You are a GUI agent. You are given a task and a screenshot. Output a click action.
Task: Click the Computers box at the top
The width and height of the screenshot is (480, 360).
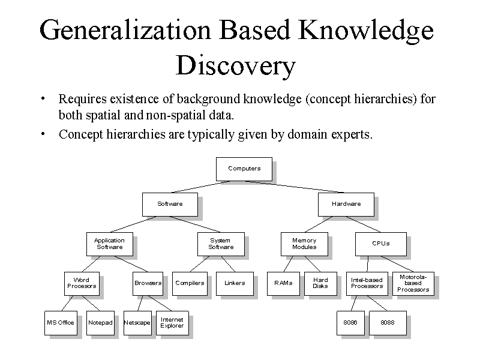click(x=244, y=169)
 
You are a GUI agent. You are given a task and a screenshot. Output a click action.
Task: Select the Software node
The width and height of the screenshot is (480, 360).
click(x=170, y=204)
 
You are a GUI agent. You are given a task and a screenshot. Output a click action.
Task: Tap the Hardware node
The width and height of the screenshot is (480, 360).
click(x=346, y=204)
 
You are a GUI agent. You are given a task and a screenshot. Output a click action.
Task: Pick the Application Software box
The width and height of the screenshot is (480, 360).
click(x=109, y=244)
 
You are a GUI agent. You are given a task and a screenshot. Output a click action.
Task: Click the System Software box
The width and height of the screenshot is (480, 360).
click(x=221, y=244)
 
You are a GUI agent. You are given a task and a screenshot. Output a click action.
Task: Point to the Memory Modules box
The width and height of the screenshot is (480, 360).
click(x=304, y=244)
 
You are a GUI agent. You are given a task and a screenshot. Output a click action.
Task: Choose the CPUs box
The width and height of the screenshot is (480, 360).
click(x=380, y=244)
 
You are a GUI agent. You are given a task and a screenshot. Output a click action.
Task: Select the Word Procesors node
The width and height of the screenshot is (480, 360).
click(x=82, y=283)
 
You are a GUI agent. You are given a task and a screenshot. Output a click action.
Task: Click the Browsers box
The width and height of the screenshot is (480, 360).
click(x=148, y=283)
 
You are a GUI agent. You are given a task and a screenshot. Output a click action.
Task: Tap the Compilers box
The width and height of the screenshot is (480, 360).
click(x=190, y=283)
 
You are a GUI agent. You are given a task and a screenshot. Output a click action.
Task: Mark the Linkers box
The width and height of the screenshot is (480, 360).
click(x=235, y=283)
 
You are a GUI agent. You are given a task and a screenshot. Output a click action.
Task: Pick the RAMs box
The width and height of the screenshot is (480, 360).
click(x=283, y=283)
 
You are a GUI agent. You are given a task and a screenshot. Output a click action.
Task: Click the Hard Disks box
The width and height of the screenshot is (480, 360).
click(x=320, y=283)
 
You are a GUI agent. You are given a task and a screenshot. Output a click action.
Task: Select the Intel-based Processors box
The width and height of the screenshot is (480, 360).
click(x=367, y=283)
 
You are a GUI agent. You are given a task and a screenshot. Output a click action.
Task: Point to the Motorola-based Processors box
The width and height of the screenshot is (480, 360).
click(x=413, y=283)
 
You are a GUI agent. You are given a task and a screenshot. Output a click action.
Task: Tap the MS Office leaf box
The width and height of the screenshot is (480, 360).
click(x=61, y=322)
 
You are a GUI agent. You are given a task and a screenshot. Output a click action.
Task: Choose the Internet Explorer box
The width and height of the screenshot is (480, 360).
click(x=172, y=322)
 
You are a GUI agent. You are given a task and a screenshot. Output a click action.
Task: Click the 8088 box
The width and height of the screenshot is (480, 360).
click(x=388, y=322)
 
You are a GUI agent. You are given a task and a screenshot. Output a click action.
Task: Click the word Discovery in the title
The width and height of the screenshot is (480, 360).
click(x=236, y=65)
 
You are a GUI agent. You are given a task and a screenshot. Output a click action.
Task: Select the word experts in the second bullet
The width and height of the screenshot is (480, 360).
click(x=350, y=134)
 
